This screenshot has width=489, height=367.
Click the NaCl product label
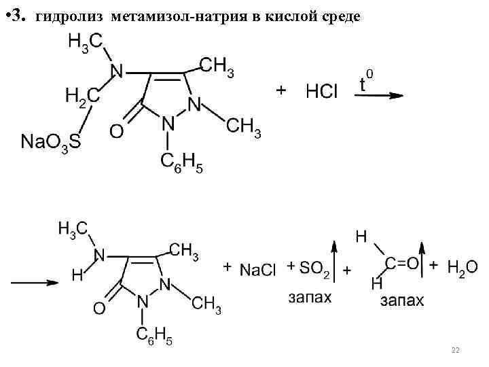coord(257,270)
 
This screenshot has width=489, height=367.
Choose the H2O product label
coord(462,267)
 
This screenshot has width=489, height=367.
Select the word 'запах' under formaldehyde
coord(401,300)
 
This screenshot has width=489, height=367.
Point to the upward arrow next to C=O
coord(422,258)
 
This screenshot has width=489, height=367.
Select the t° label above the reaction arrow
coord(365,82)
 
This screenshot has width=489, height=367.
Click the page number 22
coord(455,349)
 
